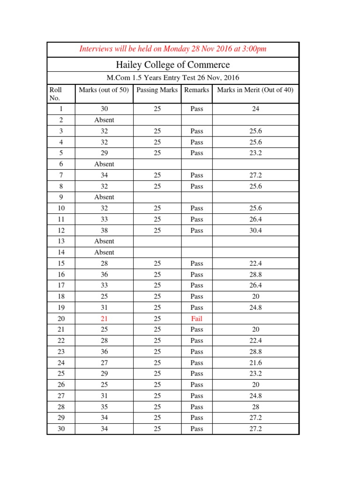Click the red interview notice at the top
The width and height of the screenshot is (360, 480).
173,49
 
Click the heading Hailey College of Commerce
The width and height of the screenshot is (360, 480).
173,65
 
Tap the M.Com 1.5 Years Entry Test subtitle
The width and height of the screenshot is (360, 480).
173,78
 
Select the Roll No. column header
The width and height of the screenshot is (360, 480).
55,94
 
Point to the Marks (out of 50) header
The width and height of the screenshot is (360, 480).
104,90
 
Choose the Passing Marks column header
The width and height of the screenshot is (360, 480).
157,90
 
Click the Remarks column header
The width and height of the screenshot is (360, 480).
197,90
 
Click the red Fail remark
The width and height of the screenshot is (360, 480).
197,319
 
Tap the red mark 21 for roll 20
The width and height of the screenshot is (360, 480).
104,319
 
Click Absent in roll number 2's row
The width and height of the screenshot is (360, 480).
104,120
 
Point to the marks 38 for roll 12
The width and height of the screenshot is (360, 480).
104,230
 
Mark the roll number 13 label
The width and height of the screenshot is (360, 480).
61,241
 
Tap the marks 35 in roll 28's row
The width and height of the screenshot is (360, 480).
104,407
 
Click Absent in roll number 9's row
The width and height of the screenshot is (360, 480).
104,197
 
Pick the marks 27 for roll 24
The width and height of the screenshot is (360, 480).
104,363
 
